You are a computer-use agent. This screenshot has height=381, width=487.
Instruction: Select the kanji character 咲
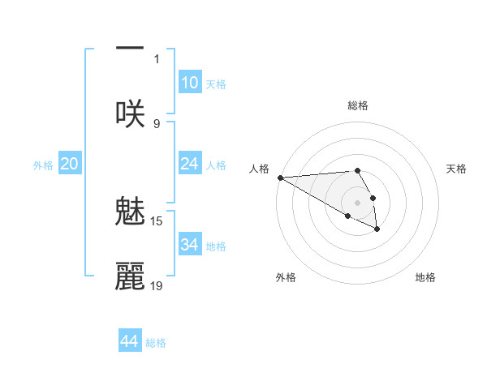[130, 113]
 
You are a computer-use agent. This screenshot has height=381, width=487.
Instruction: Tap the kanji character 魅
[130, 212]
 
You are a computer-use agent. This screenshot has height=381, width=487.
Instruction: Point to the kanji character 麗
[130, 276]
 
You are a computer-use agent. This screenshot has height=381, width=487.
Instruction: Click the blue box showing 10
[189, 83]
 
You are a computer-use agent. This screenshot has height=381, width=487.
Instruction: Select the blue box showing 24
[189, 164]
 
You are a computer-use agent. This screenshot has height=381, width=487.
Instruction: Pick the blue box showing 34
[189, 244]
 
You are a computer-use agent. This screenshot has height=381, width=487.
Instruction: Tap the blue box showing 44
[130, 341]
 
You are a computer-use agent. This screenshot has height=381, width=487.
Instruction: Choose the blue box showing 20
[70, 164]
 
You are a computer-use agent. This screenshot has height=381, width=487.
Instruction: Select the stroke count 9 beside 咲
[157, 123]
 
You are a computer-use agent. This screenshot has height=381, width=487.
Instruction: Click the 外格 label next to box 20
[43, 165]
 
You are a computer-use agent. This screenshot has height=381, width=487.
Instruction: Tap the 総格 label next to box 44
[156, 343]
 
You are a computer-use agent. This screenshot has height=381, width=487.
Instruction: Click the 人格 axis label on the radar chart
[259, 169]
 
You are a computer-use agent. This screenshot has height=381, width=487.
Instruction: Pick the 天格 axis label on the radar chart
[456, 169]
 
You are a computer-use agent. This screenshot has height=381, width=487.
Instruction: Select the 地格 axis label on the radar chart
[425, 277]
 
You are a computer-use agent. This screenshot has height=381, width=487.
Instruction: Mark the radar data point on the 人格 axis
[279, 178]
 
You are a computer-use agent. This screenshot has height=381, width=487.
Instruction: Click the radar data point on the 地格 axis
[377, 229]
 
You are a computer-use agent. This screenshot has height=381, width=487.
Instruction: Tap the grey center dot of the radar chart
[357, 202]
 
